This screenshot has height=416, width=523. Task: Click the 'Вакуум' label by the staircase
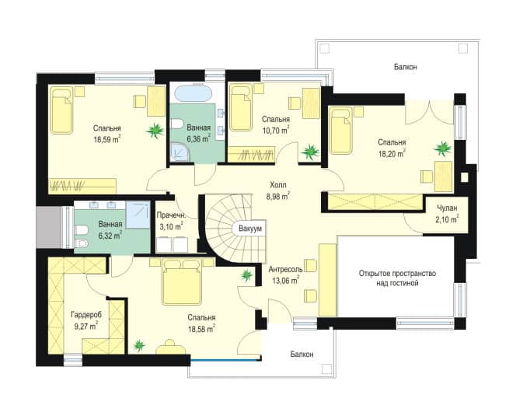(250, 229)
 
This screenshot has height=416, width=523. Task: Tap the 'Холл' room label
(278, 184)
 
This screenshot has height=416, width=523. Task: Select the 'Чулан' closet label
(448, 208)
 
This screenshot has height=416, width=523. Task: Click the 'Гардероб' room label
(86, 314)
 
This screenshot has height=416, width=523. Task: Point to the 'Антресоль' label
(286, 269)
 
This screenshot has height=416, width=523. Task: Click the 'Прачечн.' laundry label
(172, 215)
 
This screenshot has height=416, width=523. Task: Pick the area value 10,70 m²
(276, 130)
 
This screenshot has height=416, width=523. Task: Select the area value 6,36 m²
(198, 138)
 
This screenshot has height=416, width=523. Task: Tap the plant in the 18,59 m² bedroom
(155, 130)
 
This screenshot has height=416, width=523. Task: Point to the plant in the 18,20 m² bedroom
(443, 148)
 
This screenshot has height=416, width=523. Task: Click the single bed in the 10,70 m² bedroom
(241, 107)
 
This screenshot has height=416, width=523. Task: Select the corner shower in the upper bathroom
(180, 152)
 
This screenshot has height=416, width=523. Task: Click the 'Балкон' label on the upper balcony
(405, 67)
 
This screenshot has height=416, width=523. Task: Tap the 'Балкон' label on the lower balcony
(302, 354)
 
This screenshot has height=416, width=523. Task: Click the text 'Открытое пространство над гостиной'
(397, 278)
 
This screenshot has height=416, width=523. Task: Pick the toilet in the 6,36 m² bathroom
(176, 125)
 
